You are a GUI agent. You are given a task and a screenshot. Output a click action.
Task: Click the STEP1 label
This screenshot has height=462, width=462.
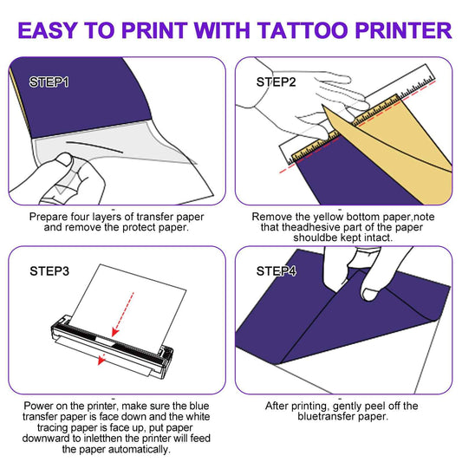click(49, 81)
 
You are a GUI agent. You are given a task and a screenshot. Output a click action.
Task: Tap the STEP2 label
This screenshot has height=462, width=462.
click(277, 81)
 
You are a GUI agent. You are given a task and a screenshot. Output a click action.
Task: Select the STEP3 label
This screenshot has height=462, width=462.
click(49, 271)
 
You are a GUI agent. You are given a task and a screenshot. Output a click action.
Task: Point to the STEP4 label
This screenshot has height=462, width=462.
click(277, 271)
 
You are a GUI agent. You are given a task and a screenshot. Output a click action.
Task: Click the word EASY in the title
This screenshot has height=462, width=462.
click(48, 30)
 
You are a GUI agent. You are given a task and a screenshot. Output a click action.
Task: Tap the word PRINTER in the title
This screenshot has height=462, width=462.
click(404, 30)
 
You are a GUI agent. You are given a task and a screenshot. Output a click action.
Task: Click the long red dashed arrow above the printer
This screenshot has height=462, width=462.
click(123, 314)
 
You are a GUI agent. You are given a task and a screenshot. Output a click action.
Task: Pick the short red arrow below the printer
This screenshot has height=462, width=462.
click(101, 359)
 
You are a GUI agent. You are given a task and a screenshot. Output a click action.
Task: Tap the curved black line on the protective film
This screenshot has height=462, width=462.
click(94, 147)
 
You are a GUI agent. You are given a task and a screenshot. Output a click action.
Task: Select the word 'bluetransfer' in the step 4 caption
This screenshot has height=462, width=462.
click(327, 417)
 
